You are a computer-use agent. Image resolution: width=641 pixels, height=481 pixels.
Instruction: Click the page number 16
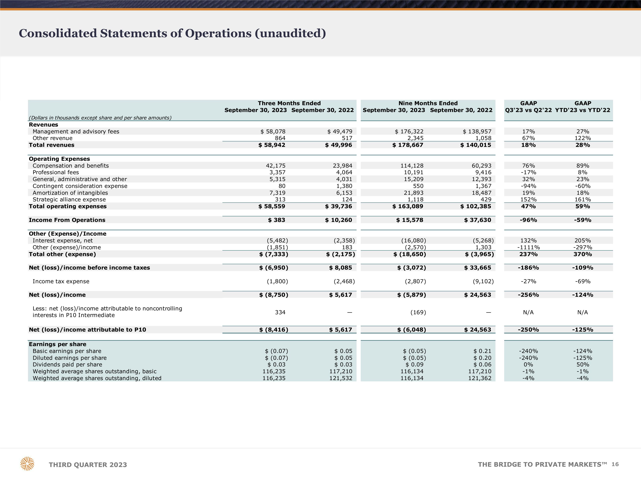615,464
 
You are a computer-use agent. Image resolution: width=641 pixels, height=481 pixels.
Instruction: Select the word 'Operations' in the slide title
218,34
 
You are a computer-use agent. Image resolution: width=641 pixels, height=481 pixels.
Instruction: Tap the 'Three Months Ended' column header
289,103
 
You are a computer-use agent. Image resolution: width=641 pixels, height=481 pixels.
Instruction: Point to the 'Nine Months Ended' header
428,103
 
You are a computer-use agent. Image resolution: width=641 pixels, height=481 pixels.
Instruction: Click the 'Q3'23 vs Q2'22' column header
529,110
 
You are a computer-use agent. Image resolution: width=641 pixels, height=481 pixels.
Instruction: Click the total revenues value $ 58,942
272,145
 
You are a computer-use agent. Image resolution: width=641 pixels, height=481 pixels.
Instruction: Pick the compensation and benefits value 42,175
276,165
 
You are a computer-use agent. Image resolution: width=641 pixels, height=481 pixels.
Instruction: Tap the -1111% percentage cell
529,247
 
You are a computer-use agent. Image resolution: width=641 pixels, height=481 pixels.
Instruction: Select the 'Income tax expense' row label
61,281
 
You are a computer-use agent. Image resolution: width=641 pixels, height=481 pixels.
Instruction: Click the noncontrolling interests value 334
280,312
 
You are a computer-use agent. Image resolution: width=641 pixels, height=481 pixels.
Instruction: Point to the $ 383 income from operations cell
276,220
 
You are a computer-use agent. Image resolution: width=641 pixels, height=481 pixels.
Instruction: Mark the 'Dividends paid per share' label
67,364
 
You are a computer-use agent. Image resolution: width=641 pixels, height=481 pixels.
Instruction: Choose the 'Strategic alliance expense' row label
69,199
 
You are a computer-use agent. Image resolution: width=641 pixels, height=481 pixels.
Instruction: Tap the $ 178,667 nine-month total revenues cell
408,145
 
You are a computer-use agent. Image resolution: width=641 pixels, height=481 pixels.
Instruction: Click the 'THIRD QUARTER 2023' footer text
88,465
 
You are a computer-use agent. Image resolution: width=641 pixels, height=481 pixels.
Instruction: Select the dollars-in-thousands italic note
100,118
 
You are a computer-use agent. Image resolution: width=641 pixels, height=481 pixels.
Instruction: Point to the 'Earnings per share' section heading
57,344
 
